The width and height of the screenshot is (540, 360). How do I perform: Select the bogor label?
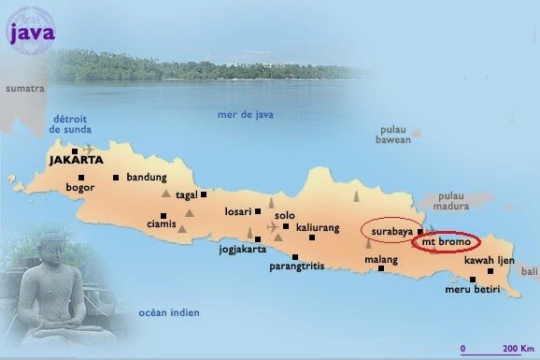pos(80,187)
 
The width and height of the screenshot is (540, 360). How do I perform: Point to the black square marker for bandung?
pos(116,177)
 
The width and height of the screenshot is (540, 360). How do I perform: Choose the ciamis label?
pos(162,224)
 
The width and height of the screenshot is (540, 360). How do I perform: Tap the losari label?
pos(238,211)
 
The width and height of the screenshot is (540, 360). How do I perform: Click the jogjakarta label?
pos(244,250)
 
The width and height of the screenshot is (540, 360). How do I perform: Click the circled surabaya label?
pos(391,229)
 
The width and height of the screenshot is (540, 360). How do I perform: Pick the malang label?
pos(380,258)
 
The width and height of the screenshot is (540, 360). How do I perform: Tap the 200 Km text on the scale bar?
pos(511,348)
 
